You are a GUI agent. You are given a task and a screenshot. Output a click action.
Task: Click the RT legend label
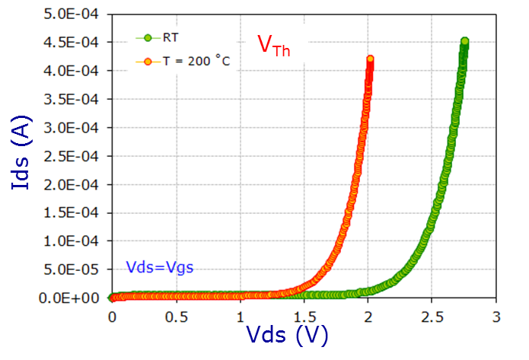[170, 36]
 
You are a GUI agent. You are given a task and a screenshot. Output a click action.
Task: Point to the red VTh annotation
[273, 46]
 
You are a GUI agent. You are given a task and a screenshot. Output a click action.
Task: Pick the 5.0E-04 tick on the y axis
[74, 14]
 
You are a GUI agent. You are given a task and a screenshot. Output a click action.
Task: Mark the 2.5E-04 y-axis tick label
[74, 156]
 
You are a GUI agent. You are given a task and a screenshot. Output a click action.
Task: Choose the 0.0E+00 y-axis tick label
[74, 298]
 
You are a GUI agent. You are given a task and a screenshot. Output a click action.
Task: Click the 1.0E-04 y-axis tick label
[74, 241]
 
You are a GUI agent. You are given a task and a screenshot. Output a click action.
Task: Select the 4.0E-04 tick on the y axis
[74, 71]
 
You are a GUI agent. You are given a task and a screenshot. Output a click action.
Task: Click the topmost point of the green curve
[464, 42]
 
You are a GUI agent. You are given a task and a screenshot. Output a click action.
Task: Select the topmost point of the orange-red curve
[371, 59]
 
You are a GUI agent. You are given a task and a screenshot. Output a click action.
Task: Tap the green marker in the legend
[148, 36]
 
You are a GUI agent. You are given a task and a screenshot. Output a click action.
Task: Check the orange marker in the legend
[148, 61]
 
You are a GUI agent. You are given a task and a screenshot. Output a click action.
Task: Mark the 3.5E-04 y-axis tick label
[74, 99]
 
